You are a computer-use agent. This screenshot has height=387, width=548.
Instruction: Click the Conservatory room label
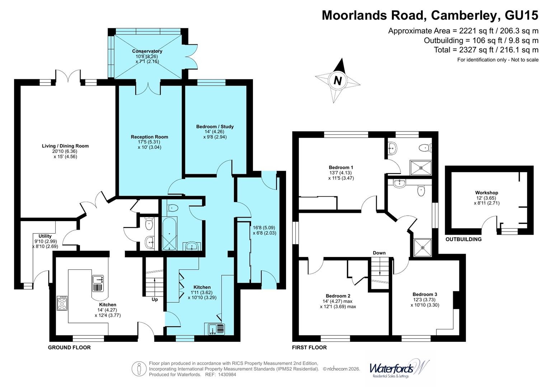[147, 51]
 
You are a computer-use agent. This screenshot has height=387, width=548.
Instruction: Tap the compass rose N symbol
[337, 81]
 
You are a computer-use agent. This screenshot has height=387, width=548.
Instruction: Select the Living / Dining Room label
[65, 146]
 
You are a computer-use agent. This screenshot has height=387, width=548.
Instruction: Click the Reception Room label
[149, 137]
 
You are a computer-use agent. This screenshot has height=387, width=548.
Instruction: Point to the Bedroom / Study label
[215, 126]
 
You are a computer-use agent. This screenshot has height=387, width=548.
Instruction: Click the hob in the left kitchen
[62, 303]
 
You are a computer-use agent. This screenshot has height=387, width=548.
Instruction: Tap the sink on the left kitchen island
[98, 283]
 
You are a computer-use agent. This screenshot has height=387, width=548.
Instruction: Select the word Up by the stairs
[155, 299]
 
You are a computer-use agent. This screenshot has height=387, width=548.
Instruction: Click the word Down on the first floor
[379, 253]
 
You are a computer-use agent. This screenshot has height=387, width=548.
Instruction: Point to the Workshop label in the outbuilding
[487, 193]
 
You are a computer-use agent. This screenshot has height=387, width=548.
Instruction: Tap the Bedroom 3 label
[425, 294]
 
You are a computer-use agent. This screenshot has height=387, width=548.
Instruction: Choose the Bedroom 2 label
[338, 296]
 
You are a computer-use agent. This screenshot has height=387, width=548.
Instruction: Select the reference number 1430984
[226, 374]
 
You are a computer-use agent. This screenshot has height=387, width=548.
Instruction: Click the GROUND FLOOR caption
[69, 347]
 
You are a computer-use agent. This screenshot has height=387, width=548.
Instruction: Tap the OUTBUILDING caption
[463, 239]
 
